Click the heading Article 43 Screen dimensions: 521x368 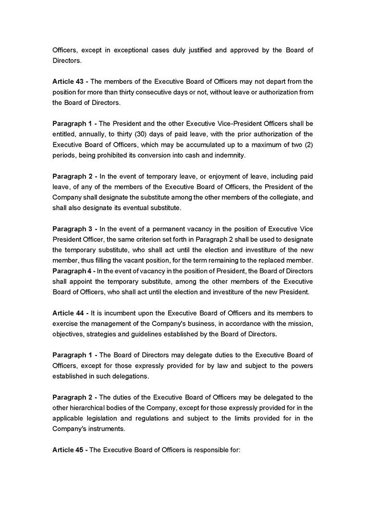(67, 81)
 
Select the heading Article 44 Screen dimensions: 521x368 (67, 313)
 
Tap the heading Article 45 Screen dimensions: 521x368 (67, 450)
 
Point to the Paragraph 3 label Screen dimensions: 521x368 (73, 229)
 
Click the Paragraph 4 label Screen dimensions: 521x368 (73, 271)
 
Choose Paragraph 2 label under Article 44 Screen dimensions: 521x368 (73, 397)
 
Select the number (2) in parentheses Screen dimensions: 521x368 (308, 144)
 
